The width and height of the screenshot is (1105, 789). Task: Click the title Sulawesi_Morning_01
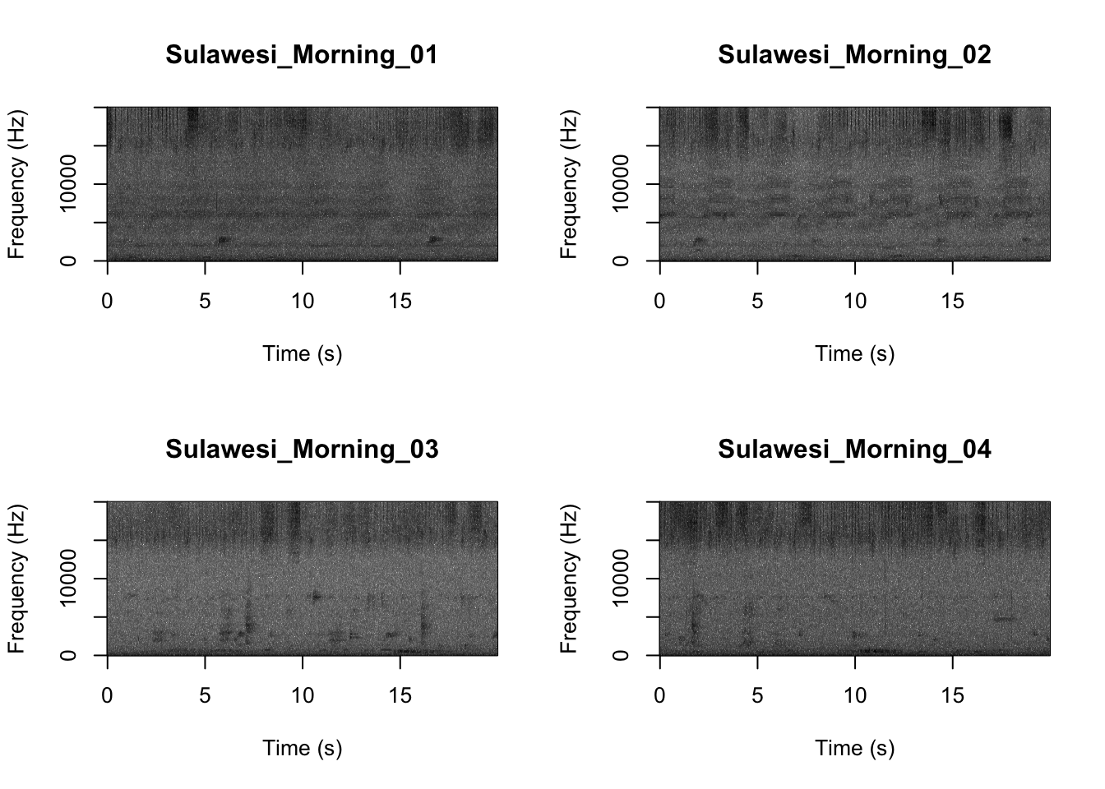(x=302, y=55)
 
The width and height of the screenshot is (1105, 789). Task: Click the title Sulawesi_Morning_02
(x=854, y=55)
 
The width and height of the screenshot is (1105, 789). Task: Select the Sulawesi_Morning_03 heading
(x=302, y=450)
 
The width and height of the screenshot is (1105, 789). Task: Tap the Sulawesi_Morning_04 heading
(x=854, y=450)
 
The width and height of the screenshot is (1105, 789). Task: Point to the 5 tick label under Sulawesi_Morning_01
(x=205, y=302)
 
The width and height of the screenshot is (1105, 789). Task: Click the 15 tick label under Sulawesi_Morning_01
(x=400, y=302)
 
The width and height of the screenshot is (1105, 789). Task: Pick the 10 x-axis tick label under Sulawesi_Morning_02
(x=855, y=302)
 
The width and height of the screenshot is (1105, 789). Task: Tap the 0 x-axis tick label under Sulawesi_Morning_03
(x=107, y=696)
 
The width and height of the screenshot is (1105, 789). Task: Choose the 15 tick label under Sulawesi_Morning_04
(x=953, y=696)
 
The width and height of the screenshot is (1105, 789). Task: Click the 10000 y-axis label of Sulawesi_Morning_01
(x=68, y=183)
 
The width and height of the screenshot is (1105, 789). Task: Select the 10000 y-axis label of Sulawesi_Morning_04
(x=621, y=578)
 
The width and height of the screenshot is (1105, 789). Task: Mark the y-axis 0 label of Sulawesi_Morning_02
(x=621, y=261)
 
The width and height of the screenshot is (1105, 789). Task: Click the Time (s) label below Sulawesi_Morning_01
(x=302, y=354)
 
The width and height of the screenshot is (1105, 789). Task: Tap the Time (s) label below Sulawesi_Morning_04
(x=854, y=749)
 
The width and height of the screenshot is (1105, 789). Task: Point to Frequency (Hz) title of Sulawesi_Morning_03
(x=16, y=578)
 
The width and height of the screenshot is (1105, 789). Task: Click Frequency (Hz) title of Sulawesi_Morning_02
(x=569, y=183)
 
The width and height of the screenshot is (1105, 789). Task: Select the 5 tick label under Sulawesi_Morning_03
(x=205, y=696)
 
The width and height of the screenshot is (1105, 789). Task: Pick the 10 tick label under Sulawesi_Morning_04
(x=855, y=696)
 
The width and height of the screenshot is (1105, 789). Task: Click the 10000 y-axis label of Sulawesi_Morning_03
(x=68, y=578)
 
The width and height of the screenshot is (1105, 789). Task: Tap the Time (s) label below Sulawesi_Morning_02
(x=854, y=354)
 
